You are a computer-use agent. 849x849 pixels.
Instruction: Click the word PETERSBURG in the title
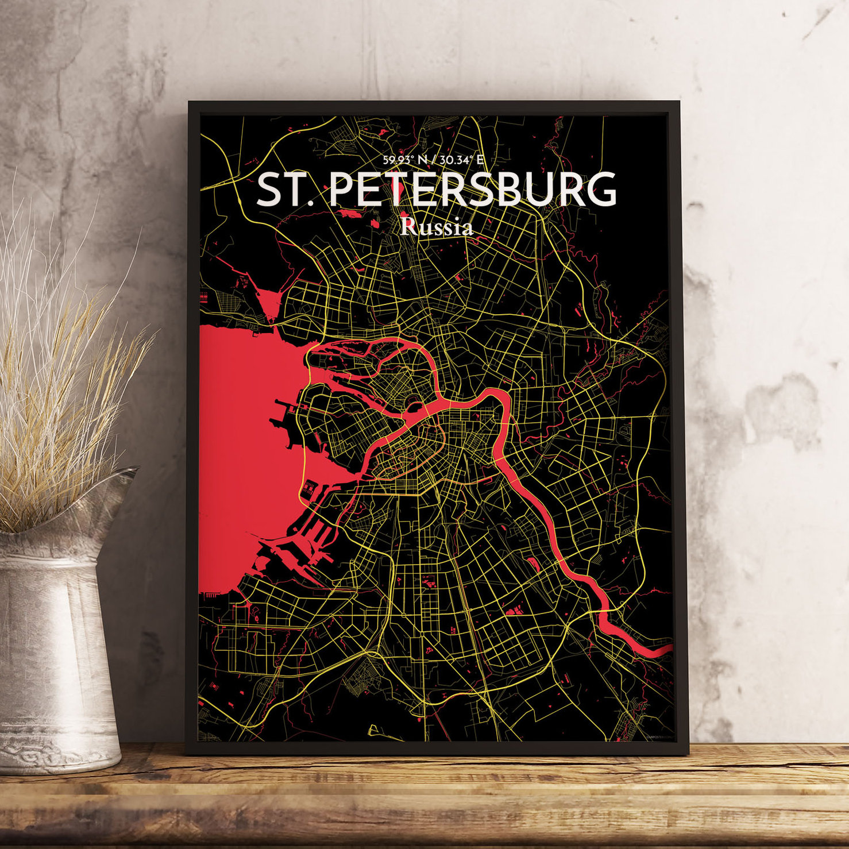pyautogui.click(x=472, y=190)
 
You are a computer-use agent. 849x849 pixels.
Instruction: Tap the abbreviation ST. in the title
pyautogui.click(x=285, y=190)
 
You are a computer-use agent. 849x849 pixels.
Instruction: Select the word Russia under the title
pyautogui.click(x=437, y=227)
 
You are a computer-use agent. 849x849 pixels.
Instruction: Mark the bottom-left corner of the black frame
pyautogui.click(x=187, y=753)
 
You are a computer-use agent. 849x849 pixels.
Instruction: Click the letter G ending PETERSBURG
pyautogui.click(x=600, y=190)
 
